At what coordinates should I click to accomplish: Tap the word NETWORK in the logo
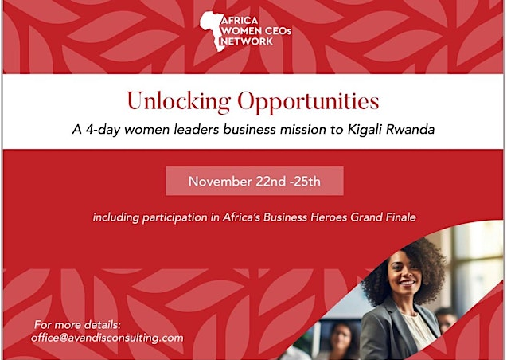[x=247, y=41]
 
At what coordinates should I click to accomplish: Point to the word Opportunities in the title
[x=309, y=102]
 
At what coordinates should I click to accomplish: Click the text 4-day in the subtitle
[x=103, y=130]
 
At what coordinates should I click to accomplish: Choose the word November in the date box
[x=220, y=182]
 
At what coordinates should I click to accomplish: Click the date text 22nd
[x=271, y=182]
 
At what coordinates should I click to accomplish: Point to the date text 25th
[x=306, y=182]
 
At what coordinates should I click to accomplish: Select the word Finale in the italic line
[x=401, y=217]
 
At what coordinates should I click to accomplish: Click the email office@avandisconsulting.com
[x=107, y=338]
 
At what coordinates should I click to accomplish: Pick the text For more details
[x=77, y=324]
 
